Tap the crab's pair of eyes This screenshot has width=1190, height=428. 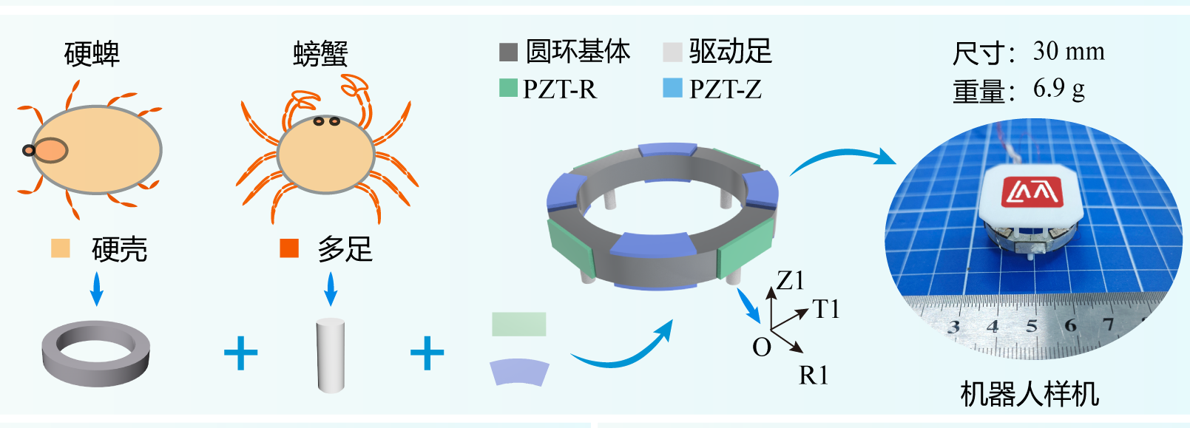[326, 121]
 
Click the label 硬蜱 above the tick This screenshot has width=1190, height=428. [92, 54]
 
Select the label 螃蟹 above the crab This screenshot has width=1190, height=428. [320, 54]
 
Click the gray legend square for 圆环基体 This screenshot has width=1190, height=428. [508, 52]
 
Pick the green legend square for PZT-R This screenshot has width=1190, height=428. [508, 89]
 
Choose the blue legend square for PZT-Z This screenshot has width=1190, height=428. [672, 89]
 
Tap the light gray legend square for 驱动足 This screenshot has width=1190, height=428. [672, 52]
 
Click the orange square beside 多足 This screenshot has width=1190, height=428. [289, 248]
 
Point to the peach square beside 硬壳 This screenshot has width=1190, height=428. [61, 248]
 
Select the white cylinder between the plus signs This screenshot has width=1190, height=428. [331, 355]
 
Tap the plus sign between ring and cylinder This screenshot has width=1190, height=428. [241, 353]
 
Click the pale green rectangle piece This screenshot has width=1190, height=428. [519, 325]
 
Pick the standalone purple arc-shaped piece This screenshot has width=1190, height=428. [519, 372]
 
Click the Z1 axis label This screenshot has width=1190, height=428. [790, 280]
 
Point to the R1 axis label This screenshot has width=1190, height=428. [814, 376]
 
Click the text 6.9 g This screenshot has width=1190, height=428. [1058, 89]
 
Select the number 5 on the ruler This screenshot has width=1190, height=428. [1032, 326]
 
